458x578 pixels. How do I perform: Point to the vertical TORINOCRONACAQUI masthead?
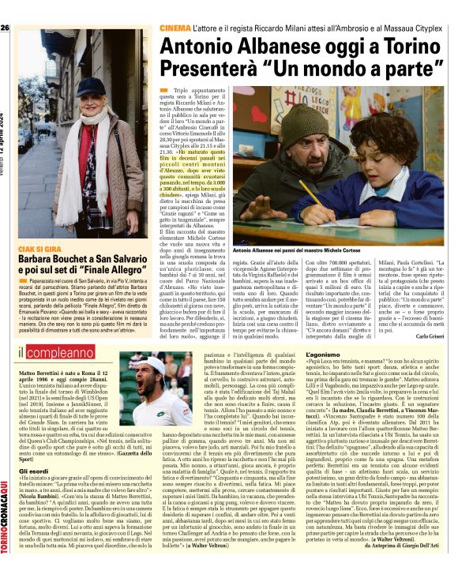[5, 521]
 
